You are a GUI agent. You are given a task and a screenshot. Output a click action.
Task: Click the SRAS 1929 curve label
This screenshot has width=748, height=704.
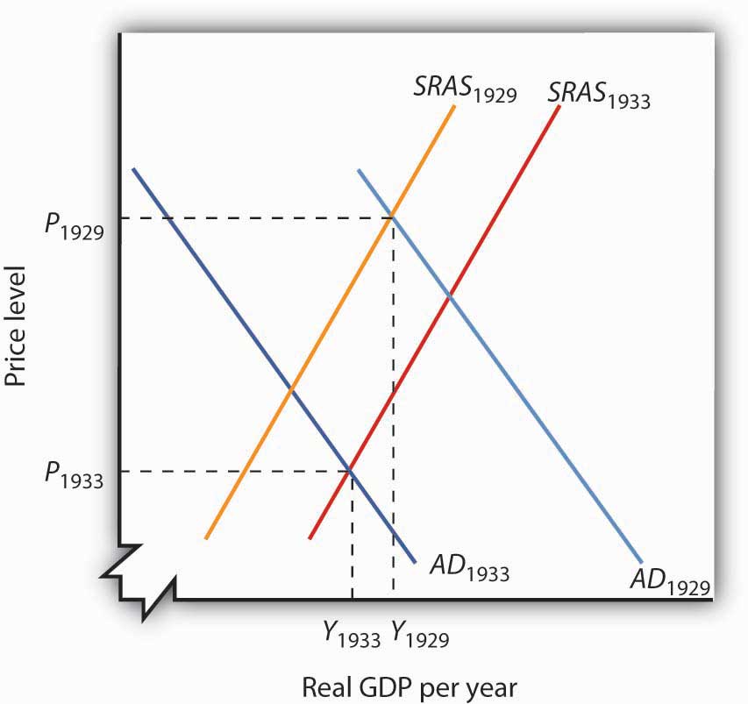point(464,89)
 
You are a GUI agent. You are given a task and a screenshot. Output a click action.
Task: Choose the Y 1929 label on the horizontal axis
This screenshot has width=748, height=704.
point(420,632)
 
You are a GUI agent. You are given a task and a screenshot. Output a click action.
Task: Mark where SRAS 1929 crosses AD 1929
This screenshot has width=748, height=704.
point(392,217)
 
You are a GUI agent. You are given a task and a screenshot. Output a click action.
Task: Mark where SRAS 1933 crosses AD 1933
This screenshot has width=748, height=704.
point(352,471)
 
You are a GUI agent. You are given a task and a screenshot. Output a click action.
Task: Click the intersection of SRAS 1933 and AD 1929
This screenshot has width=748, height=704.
point(450,297)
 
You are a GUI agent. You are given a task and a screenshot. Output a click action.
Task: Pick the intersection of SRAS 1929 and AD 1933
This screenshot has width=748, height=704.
point(291,388)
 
